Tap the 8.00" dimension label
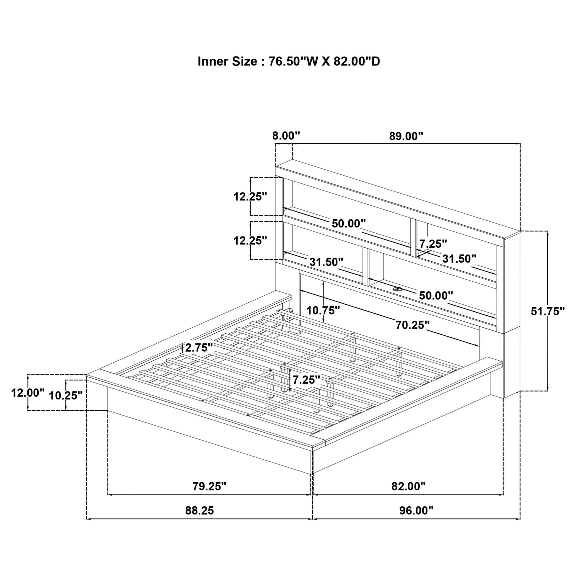tap(286, 135)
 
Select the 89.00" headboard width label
tap(406, 136)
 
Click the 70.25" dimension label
tap(412, 325)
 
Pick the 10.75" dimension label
tap(323, 310)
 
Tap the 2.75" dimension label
tap(199, 348)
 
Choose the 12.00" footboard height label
tap(28, 393)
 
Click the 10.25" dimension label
tap(65, 395)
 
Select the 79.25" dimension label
tap(209, 486)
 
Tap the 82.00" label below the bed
tap(408, 486)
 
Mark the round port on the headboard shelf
tap(397, 289)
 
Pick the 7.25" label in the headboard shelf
tap(433, 244)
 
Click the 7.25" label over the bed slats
tap(306, 379)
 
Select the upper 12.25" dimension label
tap(250, 197)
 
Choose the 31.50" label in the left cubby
tap(326, 262)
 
